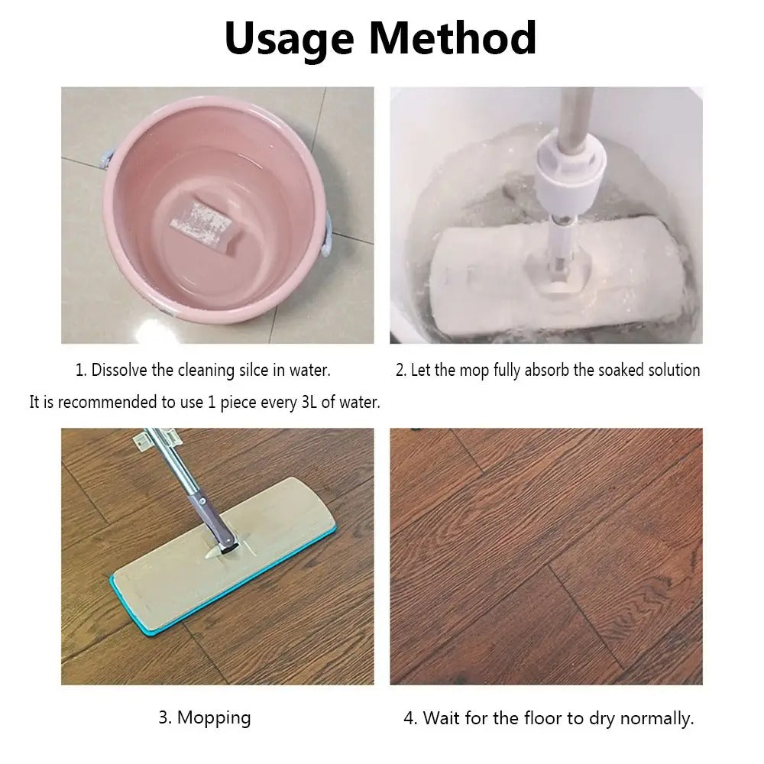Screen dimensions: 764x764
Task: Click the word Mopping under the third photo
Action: tap(214, 718)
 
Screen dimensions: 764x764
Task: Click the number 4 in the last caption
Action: tap(410, 718)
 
